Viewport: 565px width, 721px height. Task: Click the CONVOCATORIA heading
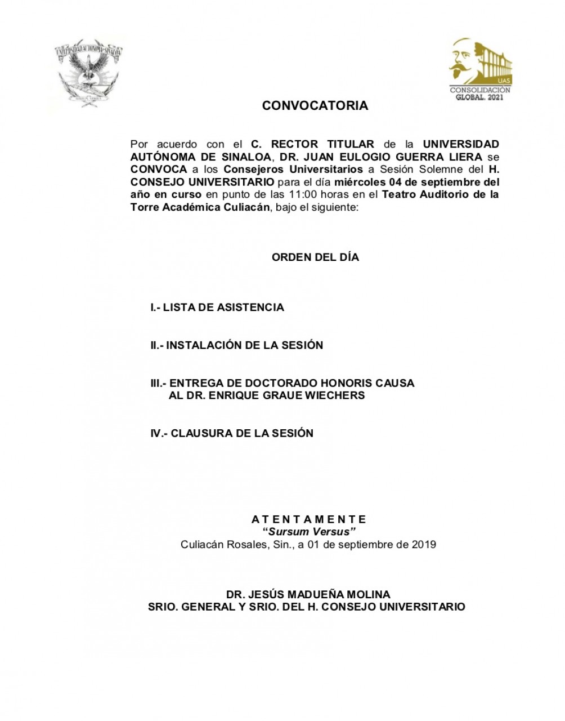(315, 106)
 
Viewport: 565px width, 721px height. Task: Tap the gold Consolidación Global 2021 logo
(480, 70)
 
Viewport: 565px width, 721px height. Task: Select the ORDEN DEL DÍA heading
(315, 257)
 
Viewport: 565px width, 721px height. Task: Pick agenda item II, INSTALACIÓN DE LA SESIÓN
(236, 345)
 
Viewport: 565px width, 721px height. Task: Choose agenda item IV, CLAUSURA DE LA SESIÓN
(231, 433)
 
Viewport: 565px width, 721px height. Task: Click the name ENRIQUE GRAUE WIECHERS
(285, 395)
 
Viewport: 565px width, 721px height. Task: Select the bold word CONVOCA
(158, 169)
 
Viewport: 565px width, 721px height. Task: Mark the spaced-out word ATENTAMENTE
(309, 519)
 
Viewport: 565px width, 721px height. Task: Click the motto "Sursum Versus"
(310, 532)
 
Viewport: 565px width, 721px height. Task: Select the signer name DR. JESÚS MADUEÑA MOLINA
(308, 594)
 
